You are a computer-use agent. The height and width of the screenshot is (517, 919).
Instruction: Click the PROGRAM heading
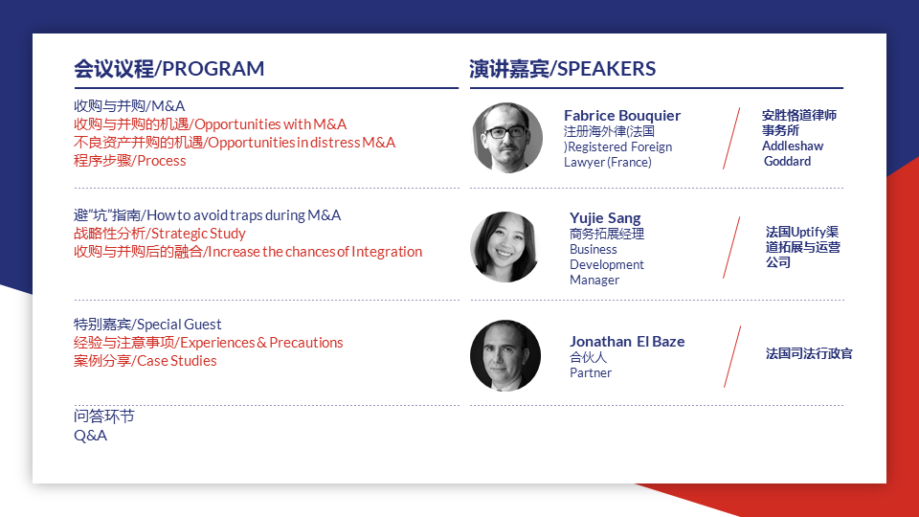(x=168, y=69)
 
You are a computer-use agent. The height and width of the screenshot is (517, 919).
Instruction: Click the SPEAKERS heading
(x=562, y=69)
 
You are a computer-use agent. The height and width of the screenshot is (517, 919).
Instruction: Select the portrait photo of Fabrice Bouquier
(x=507, y=138)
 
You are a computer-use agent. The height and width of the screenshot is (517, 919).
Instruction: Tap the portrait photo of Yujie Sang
(x=505, y=247)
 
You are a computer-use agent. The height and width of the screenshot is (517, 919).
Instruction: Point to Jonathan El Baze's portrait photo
(x=505, y=355)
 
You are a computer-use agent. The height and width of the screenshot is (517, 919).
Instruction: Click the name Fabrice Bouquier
(x=622, y=116)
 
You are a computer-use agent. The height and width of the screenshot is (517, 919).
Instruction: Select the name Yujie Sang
(x=605, y=218)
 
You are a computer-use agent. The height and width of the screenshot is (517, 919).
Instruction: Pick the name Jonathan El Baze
(x=627, y=341)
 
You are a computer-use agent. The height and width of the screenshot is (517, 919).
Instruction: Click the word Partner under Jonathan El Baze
(x=591, y=372)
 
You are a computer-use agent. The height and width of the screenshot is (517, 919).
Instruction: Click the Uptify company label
(x=802, y=247)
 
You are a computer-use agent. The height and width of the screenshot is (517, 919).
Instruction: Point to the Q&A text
(x=90, y=436)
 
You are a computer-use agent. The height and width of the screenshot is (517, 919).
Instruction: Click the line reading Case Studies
(x=145, y=361)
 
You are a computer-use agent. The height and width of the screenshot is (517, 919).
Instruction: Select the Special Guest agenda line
(x=147, y=325)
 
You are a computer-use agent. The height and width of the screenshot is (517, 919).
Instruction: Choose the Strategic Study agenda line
(x=160, y=234)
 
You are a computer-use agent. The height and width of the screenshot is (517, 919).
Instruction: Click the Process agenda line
(x=129, y=161)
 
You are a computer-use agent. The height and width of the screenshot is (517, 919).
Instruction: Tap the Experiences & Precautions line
(x=208, y=343)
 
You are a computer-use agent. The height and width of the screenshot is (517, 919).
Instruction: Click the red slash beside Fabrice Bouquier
(x=731, y=138)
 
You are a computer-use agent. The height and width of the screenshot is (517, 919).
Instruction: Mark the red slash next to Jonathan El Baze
(x=732, y=356)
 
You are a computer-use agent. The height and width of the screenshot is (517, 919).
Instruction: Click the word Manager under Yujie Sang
(x=594, y=281)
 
